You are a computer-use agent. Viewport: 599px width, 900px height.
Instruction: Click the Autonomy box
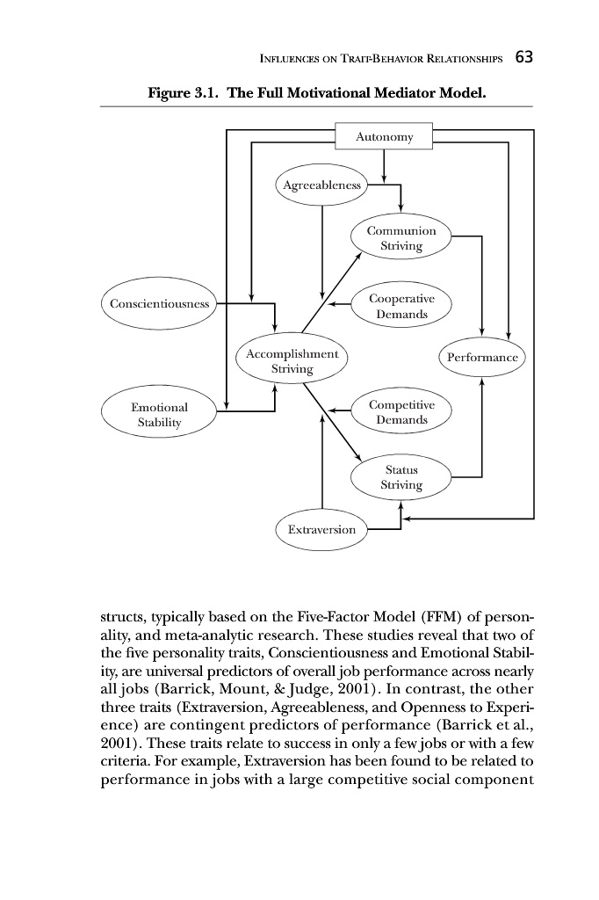point(384,137)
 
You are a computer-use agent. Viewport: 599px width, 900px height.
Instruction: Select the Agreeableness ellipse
point(321,185)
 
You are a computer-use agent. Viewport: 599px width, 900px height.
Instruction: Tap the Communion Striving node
point(401,238)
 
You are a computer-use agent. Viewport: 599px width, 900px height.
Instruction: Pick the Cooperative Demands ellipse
point(401,306)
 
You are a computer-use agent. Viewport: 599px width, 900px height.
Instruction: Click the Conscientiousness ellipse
point(160,304)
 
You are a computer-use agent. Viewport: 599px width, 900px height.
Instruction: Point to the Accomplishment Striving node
point(292,360)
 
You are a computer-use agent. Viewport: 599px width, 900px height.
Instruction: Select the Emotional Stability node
point(159,415)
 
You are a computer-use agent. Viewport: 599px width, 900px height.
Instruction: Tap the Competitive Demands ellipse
point(401,412)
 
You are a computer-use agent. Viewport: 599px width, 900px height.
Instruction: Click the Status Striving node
point(401,477)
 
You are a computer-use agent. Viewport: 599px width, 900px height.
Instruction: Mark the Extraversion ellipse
point(321,529)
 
